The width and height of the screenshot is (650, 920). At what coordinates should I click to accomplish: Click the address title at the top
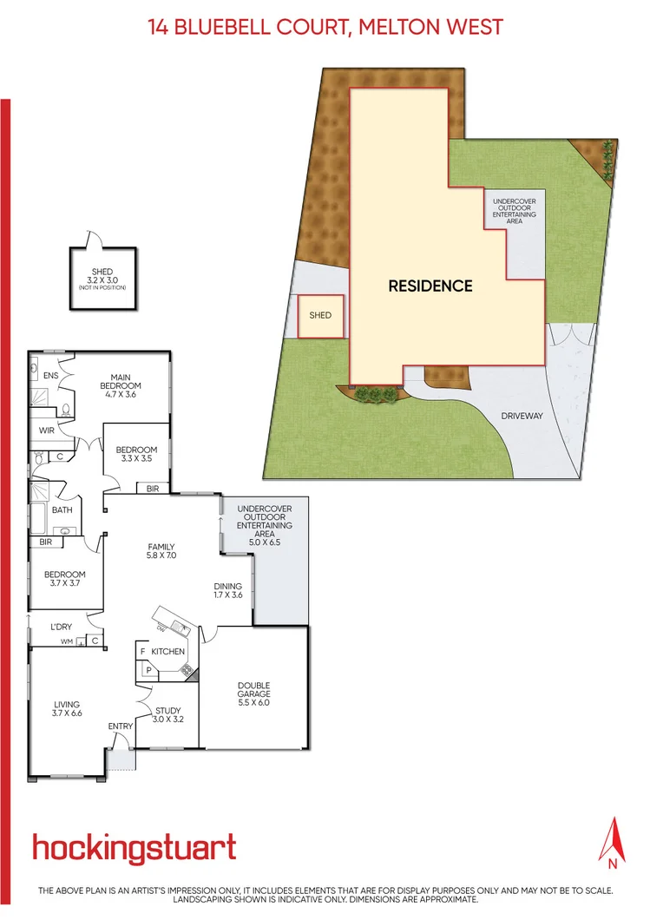[x=325, y=27]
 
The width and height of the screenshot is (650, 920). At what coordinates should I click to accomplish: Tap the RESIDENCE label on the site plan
[x=430, y=286]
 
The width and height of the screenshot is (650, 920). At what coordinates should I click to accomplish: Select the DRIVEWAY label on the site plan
[x=522, y=417]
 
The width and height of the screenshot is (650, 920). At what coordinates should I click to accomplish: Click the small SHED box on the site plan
[x=320, y=316]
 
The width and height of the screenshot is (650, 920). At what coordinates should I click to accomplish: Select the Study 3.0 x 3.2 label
[x=168, y=714]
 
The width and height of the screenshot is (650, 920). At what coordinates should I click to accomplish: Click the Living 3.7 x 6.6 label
[x=66, y=708]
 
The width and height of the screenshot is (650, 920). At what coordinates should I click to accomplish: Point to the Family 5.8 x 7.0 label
[x=161, y=551]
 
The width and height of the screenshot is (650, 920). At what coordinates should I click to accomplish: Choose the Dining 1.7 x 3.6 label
[x=228, y=591]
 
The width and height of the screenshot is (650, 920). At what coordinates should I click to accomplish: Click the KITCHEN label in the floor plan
[x=167, y=651]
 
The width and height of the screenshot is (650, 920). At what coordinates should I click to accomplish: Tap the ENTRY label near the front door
[x=120, y=726]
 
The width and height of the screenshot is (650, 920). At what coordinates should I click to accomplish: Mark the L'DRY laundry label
[x=60, y=626]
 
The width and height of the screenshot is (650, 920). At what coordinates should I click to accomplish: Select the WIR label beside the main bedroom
[x=47, y=430]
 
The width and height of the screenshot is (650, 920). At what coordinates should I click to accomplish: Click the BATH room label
[x=62, y=510]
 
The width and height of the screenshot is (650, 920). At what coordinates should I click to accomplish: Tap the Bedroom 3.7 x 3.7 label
[x=65, y=579]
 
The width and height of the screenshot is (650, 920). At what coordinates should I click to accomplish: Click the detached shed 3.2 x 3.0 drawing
[x=102, y=278]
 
